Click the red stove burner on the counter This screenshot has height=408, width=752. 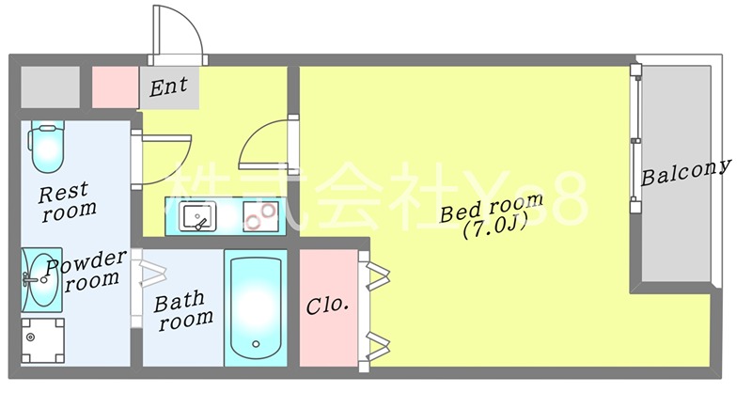tap(256, 222)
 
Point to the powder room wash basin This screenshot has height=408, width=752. tap(41, 278)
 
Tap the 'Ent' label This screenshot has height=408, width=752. tap(169, 87)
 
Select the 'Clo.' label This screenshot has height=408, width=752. tap(327, 306)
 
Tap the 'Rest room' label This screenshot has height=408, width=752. tap(68, 201)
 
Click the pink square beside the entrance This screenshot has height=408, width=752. tap(115, 86)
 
